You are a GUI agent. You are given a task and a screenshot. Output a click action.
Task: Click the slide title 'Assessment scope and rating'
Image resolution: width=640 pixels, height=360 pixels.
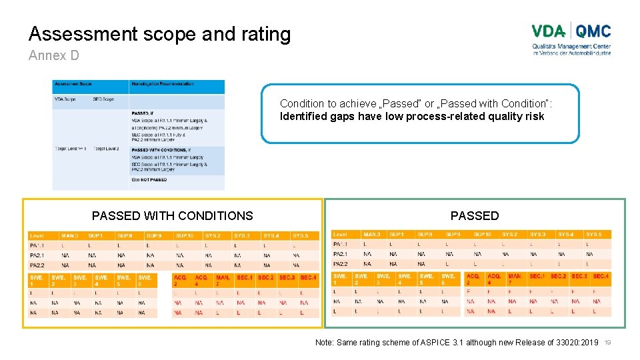[159, 34]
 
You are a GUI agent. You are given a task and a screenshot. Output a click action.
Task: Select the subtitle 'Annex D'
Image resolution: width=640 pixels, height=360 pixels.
[53, 56]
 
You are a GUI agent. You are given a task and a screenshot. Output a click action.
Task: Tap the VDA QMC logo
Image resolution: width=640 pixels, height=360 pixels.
[571, 39]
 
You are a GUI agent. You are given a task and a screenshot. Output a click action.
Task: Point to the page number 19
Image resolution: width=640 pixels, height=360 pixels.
[607, 343]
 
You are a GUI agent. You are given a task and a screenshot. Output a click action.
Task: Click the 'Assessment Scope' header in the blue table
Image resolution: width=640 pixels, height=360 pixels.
[73, 85]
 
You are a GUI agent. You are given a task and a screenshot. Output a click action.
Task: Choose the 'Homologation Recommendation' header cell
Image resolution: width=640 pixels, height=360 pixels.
[163, 85]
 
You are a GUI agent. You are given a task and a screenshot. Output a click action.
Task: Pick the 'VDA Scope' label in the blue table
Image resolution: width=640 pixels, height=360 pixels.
[66, 99]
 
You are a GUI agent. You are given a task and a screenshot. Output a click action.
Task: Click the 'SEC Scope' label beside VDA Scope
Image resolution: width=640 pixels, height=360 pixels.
[103, 99]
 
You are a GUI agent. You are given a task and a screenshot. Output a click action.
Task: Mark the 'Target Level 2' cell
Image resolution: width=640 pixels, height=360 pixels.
[107, 148]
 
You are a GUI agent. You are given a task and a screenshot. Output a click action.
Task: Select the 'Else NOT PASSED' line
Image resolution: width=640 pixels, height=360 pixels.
[149, 179]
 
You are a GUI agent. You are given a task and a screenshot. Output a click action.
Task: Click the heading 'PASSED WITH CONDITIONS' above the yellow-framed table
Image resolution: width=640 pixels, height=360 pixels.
[173, 216]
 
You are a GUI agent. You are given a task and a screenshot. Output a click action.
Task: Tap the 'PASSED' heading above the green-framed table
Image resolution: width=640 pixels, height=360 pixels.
[475, 216]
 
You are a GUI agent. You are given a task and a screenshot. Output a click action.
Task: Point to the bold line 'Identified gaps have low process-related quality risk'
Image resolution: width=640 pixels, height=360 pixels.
[412, 117]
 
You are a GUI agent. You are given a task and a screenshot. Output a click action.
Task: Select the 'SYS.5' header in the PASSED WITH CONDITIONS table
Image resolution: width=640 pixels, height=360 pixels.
[300, 236]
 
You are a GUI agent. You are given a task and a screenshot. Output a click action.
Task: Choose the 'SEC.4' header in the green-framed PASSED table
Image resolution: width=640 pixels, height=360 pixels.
[601, 276]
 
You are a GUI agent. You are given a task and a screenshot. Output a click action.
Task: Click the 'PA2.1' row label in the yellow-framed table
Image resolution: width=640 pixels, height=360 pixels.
[37, 255]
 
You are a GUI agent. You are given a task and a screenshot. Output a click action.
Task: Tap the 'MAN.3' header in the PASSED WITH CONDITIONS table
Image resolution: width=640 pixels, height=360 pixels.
[69, 236]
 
